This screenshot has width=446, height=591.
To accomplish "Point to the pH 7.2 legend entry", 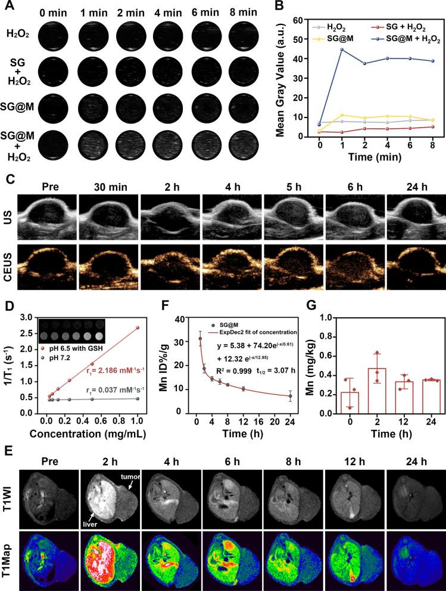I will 60,354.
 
